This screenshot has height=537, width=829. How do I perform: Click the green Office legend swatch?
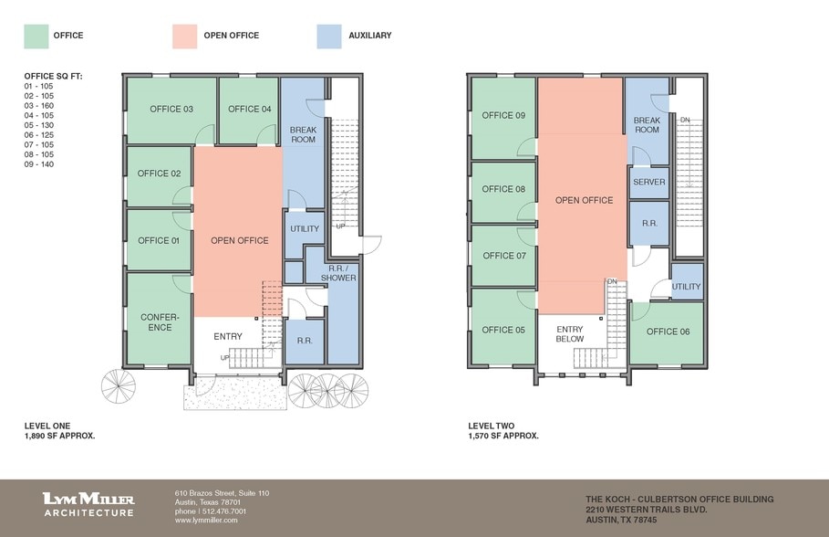coord(35,36)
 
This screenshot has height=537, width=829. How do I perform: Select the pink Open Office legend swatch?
coord(185,36)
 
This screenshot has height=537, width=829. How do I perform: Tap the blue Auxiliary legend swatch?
coord(329,36)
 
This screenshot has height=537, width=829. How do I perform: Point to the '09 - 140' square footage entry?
coord(41,163)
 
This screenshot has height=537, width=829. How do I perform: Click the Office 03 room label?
coord(171,110)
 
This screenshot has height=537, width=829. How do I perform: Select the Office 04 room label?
coord(249,110)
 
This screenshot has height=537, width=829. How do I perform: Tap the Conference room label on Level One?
coord(160,321)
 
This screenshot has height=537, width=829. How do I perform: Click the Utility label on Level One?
coord(304,229)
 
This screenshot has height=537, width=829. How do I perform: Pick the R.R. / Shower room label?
coord(337,272)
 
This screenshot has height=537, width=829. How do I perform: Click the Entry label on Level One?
coord(228,337)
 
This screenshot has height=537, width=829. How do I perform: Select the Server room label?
coord(648,182)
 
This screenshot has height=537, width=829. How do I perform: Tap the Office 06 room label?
coord(668,332)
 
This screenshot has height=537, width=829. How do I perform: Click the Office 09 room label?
coord(503,116)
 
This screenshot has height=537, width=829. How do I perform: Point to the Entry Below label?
coord(569,334)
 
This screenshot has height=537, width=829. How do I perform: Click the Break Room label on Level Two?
coord(647,125)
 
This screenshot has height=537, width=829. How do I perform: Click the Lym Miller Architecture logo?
coord(88,504)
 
